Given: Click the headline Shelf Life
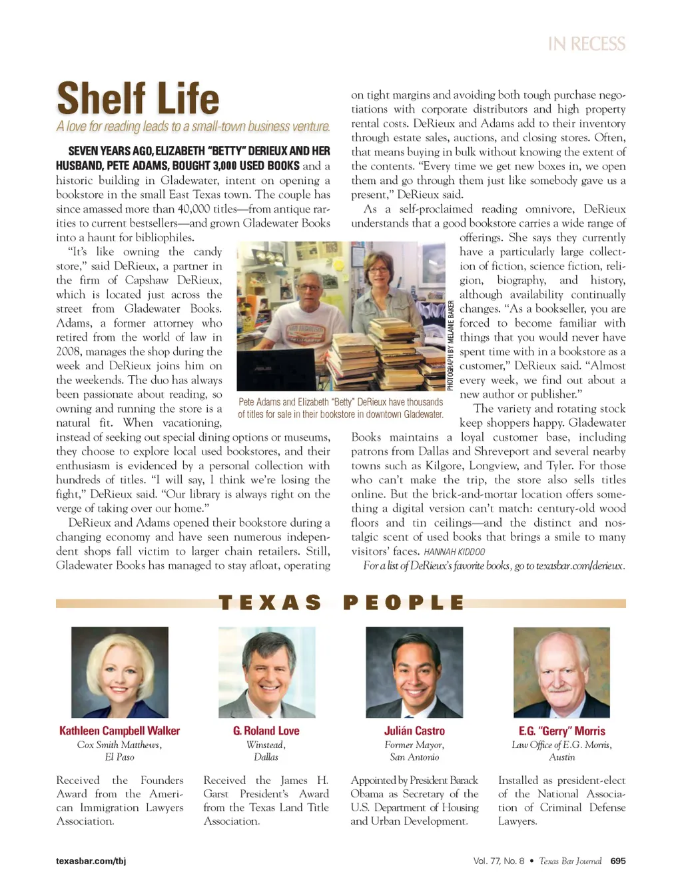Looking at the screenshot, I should click(138, 99).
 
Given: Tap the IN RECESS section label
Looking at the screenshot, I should click(586, 44).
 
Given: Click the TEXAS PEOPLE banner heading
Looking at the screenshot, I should click(341, 603).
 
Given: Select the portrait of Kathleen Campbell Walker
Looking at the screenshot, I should click(120, 672).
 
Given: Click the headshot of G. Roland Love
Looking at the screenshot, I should click(266, 672).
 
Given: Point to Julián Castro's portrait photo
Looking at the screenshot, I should click(414, 672).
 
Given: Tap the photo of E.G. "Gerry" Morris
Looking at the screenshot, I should click(561, 672).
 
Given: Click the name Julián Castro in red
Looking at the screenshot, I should click(414, 731).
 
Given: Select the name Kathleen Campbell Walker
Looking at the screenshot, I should click(119, 731).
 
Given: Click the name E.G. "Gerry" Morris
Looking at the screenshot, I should click(561, 731).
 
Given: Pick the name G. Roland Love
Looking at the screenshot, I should click(266, 731).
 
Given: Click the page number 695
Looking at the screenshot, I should click(618, 861).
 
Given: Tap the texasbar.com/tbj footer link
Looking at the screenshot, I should click(91, 861).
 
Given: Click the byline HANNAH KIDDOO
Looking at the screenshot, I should click(454, 551).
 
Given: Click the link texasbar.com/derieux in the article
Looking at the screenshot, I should click(579, 565).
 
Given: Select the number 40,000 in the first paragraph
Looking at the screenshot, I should click(193, 209).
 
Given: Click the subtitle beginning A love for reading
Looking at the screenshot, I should click(193, 127).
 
